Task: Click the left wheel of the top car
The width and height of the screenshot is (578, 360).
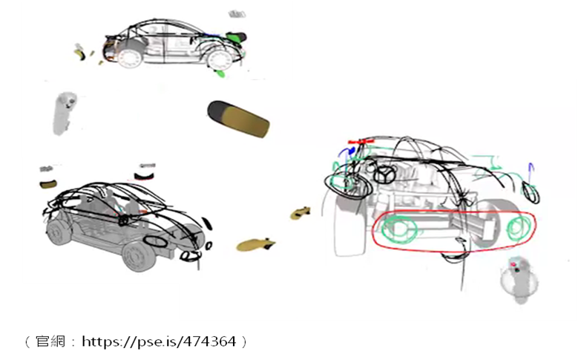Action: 130,58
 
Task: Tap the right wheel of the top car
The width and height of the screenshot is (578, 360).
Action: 220,60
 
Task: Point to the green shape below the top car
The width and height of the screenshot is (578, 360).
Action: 220,73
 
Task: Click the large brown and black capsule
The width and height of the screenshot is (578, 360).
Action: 238,119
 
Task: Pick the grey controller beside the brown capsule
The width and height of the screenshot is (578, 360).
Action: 64,114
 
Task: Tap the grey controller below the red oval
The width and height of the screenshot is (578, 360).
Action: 519,280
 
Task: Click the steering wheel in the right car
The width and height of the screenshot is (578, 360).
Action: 384,174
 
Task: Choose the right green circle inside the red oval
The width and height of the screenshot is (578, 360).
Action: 519,226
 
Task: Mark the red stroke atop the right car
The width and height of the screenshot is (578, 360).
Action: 361,142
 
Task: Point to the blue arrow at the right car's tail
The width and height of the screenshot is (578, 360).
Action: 530,174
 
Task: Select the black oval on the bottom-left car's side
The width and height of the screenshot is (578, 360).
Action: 155,240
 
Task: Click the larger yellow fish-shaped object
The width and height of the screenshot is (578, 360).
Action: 255,244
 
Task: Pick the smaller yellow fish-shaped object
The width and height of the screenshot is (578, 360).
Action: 300,213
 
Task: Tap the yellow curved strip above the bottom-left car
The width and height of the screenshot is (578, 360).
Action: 48,183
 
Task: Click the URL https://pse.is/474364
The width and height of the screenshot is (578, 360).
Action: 159,341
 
